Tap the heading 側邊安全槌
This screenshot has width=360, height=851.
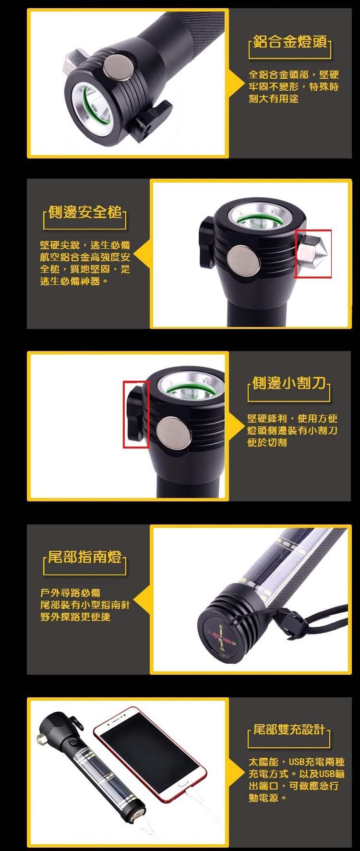[85, 212]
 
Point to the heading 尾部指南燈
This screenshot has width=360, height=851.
[85, 558]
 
